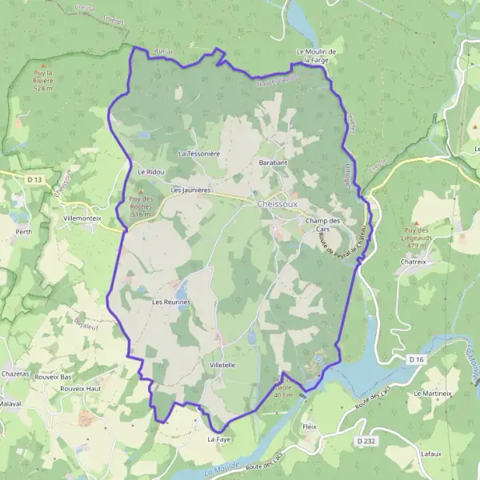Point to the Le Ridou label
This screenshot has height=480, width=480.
[x=150, y=171]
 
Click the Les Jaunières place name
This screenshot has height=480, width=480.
[x=190, y=190]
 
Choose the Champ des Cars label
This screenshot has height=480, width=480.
[x=323, y=224]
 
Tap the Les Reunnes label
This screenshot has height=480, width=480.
[x=171, y=302]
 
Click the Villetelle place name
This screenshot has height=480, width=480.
[x=222, y=364]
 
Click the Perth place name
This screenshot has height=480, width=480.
[x=23, y=231]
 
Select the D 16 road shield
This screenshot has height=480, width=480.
[x=415, y=361]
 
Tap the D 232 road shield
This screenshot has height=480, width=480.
[x=366, y=441]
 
